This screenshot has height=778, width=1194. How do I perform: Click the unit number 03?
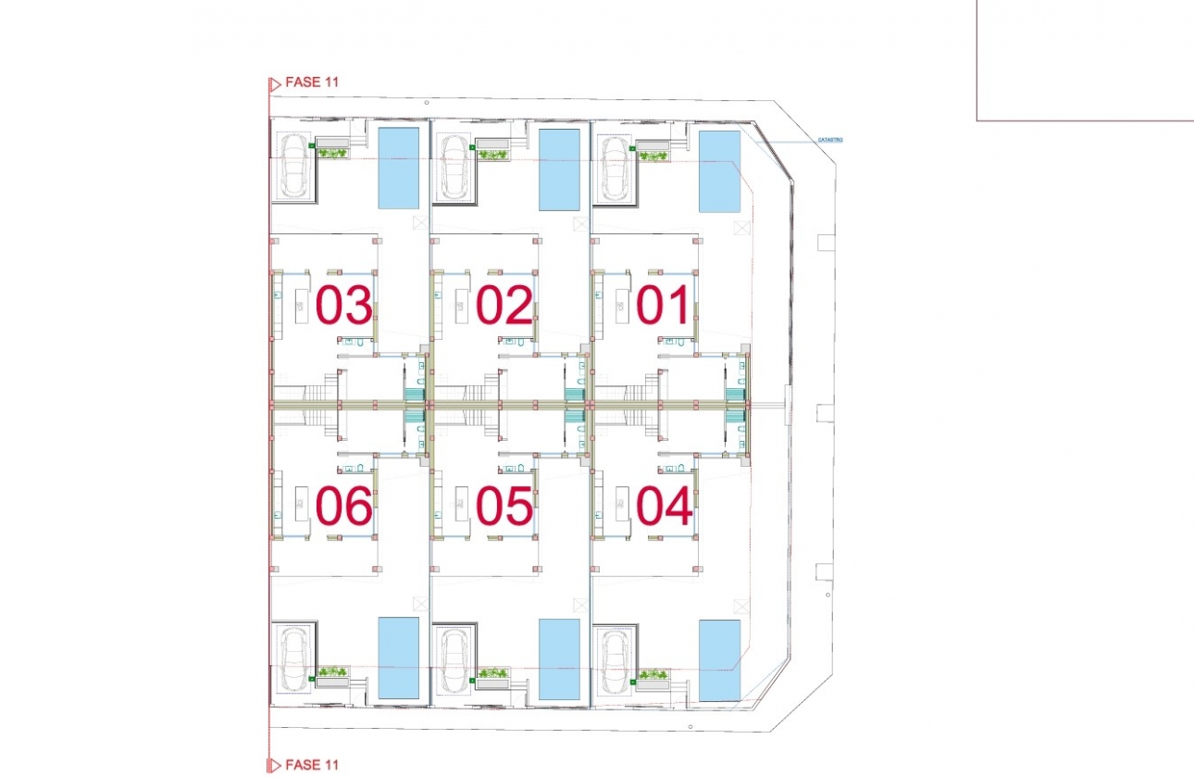point(344,306)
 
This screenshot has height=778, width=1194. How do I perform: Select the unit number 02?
point(504,306)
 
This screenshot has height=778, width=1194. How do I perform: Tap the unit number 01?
point(664,306)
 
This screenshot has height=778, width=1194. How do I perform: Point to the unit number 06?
point(344,506)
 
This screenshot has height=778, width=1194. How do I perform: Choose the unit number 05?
point(504,506)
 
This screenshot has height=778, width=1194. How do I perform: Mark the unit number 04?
point(664,506)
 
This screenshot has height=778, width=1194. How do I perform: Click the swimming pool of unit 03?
point(399,168)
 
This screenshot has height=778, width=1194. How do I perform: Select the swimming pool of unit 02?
point(560,169)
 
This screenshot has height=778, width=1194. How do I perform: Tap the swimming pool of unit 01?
point(719,170)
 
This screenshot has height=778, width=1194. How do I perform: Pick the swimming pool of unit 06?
point(399,658)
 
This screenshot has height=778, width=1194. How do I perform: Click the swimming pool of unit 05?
point(560,659)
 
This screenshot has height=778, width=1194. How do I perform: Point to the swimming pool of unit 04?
point(719,659)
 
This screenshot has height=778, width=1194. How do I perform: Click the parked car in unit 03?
point(295,167)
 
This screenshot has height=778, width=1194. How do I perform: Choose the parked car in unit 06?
point(295,659)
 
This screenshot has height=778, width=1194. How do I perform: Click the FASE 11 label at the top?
point(312,82)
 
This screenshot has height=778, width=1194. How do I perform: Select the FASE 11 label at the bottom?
point(312,765)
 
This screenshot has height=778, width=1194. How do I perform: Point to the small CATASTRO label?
point(829,140)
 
